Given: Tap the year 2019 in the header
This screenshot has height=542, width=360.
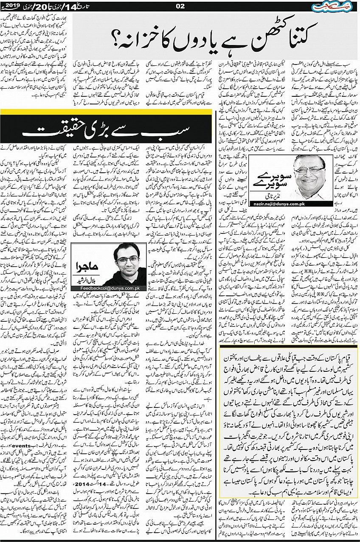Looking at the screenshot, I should click(11, 6).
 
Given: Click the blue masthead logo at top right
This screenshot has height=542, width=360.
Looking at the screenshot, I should click(338, 6).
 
